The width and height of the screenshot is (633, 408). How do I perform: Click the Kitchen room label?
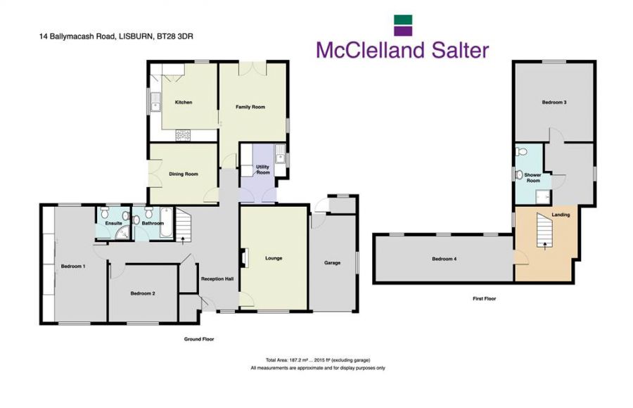(x=184, y=103)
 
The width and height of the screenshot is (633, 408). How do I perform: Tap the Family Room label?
(x=250, y=107)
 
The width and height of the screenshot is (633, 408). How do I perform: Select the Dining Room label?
(x=183, y=174)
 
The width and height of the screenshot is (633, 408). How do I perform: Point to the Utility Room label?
(x=263, y=170)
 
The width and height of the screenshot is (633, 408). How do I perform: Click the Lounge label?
(x=274, y=258)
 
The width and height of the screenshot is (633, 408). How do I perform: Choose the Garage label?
(x=332, y=263)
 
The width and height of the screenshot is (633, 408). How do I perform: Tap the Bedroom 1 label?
(x=73, y=267)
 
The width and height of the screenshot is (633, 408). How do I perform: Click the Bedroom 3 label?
(x=554, y=103)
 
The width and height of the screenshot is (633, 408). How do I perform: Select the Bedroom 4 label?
(x=445, y=259)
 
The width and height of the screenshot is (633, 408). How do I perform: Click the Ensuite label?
(x=114, y=223)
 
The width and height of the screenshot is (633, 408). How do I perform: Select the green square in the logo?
(x=403, y=20)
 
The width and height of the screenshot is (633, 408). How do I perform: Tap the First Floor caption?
(x=484, y=299)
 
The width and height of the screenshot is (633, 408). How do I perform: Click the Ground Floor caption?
(x=199, y=339)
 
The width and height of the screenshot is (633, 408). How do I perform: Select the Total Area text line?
(x=317, y=359)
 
